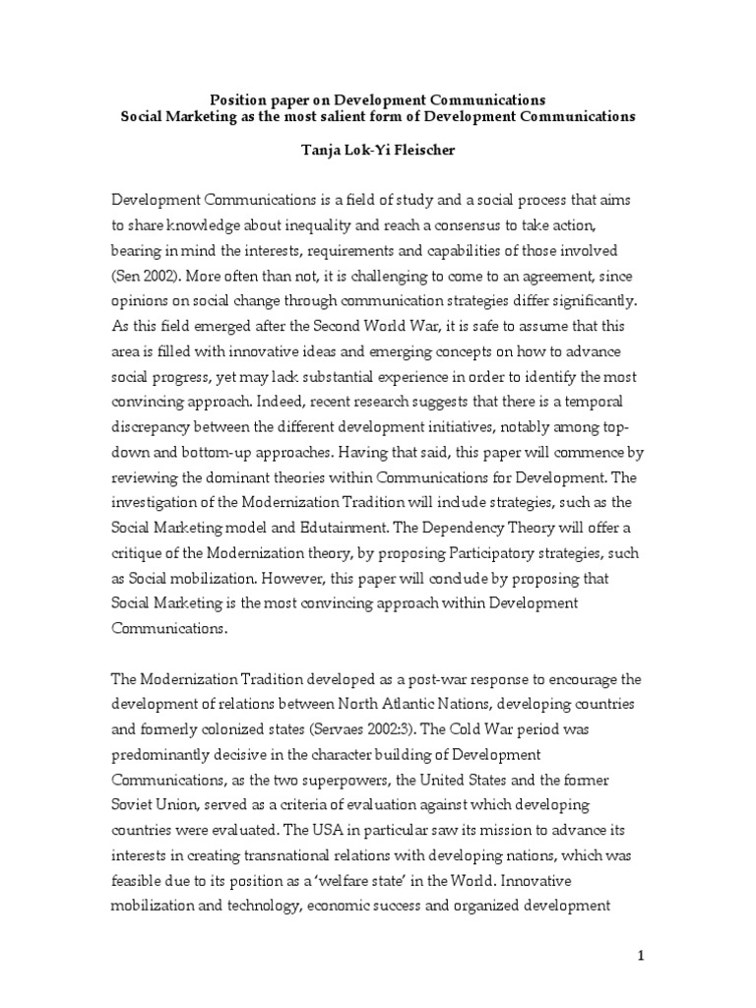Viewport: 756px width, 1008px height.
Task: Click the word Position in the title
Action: [241, 99]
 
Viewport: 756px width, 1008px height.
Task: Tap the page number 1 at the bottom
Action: [640, 955]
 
